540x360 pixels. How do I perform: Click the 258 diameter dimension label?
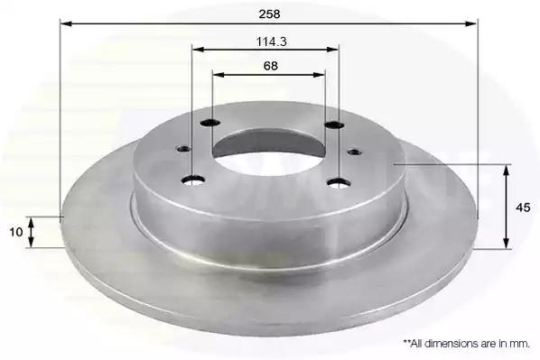coord(270,14)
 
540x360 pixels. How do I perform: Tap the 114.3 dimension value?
coord(272,42)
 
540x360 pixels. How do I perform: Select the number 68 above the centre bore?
coord(271,66)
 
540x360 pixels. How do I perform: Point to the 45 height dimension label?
coord(523,208)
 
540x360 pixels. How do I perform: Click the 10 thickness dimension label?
coord(16,232)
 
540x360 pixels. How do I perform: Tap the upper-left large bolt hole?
coord(210,122)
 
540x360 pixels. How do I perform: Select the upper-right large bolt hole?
coord(334,125)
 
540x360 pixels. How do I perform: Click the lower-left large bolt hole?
coord(193,180)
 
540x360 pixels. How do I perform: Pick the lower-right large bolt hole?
coord(340,183)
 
